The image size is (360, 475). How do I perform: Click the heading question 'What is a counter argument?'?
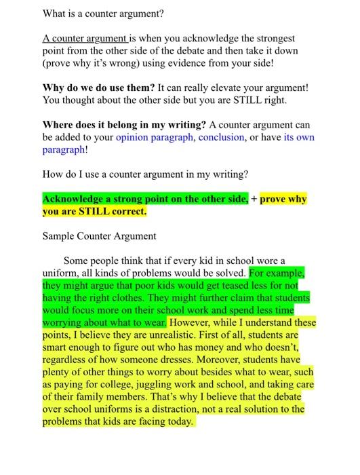click(x=104, y=14)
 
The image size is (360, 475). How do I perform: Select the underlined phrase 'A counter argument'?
click(x=83, y=39)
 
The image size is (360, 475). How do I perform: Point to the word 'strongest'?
click(x=275, y=39)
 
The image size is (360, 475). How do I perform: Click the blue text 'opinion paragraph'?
click(x=155, y=137)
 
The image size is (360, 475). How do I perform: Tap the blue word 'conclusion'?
click(x=221, y=137)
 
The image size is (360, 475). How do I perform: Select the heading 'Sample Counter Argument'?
click(x=99, y=236)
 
